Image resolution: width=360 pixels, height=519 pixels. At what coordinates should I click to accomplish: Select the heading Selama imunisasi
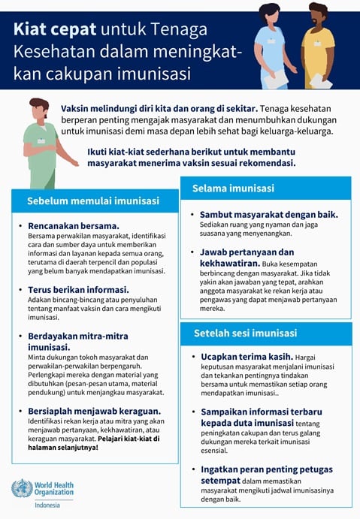click(x=233, y=188)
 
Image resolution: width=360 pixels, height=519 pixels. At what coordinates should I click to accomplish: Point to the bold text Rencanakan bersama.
click(x=74, y=225)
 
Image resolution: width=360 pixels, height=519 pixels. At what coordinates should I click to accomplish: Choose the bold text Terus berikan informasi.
click(x=79, y=289)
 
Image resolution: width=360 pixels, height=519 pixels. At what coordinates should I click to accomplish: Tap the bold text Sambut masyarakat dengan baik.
click(x=268, y=214)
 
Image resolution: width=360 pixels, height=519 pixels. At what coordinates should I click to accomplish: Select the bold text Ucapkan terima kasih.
click(x=244, y=357)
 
